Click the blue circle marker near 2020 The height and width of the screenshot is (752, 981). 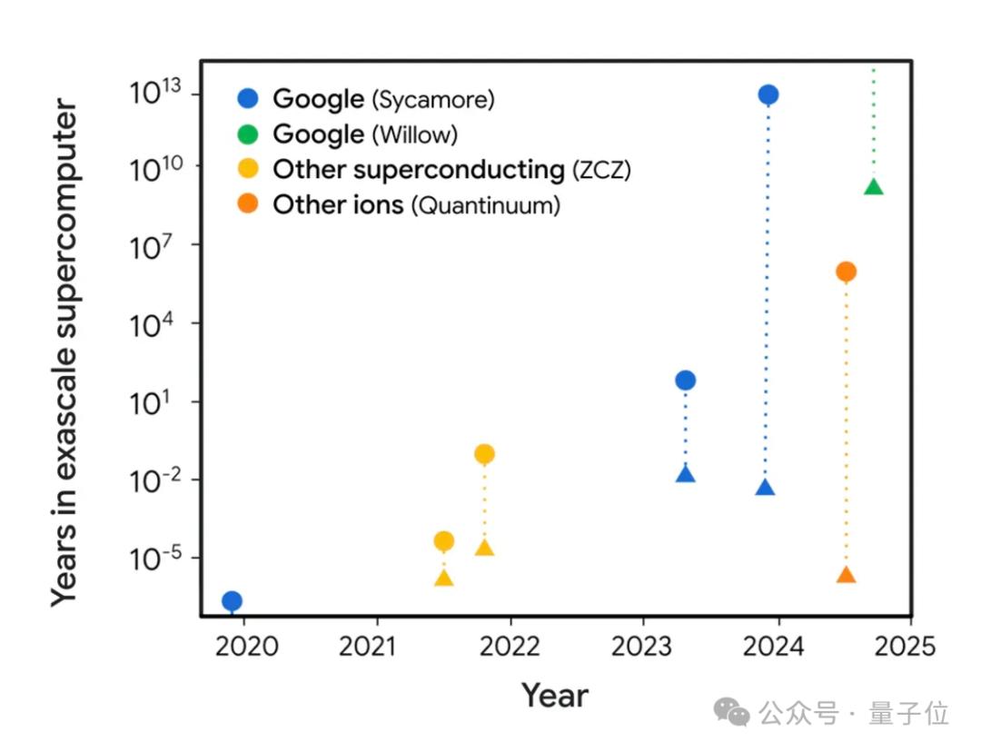coord(232,600)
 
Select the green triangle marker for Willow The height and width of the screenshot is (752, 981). coord(874,187)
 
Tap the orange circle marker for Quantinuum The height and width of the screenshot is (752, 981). coord(846,271)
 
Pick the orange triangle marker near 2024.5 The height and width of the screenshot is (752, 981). coord(846,576)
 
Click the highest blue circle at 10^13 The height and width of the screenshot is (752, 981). coord(768,94)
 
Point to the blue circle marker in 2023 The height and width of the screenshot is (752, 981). coord(686,380)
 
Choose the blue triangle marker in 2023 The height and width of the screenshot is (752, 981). coord(686,474)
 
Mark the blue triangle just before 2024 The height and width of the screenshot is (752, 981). coord(765,488)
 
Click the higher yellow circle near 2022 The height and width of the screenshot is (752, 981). coord(484,454)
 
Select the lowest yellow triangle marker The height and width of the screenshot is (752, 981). coord(443,578)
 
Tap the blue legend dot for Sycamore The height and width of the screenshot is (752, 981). coord(248,99)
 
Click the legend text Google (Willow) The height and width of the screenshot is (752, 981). coord(365,134)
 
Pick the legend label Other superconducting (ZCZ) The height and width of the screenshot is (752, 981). coord(451,170)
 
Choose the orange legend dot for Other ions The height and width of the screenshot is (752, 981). coord(248,205)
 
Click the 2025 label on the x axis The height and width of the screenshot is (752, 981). coord(906,647)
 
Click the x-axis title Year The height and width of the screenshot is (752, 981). coord(554,697)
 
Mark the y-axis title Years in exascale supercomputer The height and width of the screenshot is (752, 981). coord(64,354)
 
